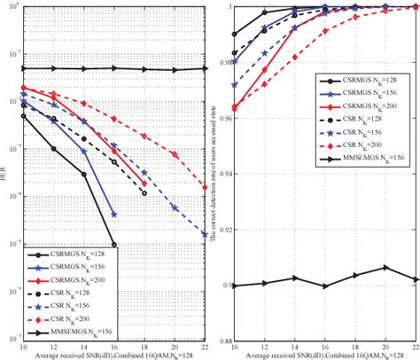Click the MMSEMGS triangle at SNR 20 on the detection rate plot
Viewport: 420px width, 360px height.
385,267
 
